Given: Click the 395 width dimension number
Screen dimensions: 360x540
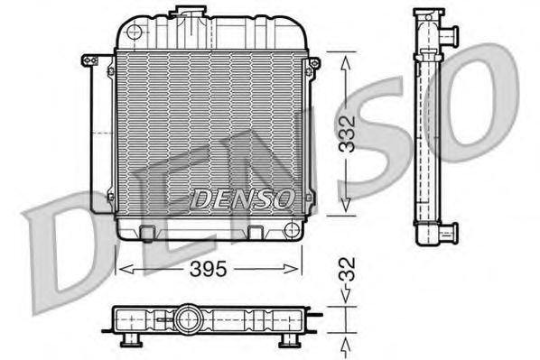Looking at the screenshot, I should pyautogui.click(x=209, y=269).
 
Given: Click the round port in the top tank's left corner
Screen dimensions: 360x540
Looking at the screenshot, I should pyautogui.click(x=135, y=32).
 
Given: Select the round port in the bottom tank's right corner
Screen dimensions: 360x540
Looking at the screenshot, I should pyautogui.click(x=291, y=229).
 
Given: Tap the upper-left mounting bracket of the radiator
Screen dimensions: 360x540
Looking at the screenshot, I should pyautogui.click(x=89, y=60).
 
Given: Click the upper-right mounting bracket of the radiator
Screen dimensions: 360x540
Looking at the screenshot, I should pyautogui.click(x=313, y=63).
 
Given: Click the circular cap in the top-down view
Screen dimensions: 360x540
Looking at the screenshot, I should pyautogui.click(x=189, y=318).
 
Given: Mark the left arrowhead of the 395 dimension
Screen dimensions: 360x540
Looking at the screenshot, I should pyautogui.click(x=125, y=267).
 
